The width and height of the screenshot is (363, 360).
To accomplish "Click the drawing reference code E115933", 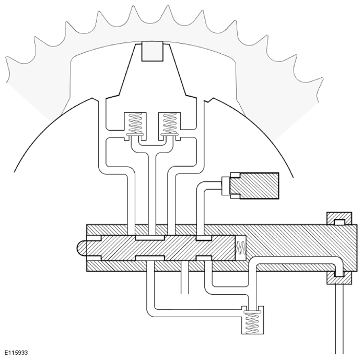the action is pyautogui.click(x=16, y=353).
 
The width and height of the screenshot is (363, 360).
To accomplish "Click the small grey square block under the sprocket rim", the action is pyautogui.click(x=153, y=51).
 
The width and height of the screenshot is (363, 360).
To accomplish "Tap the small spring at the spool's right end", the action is pyautogui.click(x=241, y=248).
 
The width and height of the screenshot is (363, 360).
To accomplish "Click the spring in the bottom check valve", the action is pyautogui.click(x=253, y=323).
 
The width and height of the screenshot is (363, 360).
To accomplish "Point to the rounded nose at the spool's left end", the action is pyautogui.click(x=81, y=248).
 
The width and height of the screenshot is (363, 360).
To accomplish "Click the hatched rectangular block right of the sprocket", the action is pyautogui.click(x=255, y=185).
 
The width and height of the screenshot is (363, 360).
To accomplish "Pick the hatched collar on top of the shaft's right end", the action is pyautogui.click(x=339, y=218).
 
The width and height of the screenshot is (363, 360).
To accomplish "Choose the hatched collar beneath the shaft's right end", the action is pyautogui.click(x=339, y=277).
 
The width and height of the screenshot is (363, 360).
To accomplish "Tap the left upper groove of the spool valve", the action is pyautogui.click(x=150, y=238).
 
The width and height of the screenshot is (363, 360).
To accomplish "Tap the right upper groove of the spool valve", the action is pyautogui.click(x=204, y=238).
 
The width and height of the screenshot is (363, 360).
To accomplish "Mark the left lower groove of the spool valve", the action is pyautogui.click(x=150, y=258).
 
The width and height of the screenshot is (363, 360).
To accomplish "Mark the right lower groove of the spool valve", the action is pyautogui.click(x=204, y=258).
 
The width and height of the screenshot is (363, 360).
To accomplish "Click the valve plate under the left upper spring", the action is pyautogui.click(x=135, y=135).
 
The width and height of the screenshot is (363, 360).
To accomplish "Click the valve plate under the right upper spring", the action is pyautogui.click(x=170, y=135).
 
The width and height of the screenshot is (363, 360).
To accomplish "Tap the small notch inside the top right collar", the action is pyautogui.click(x=339, y=222).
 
